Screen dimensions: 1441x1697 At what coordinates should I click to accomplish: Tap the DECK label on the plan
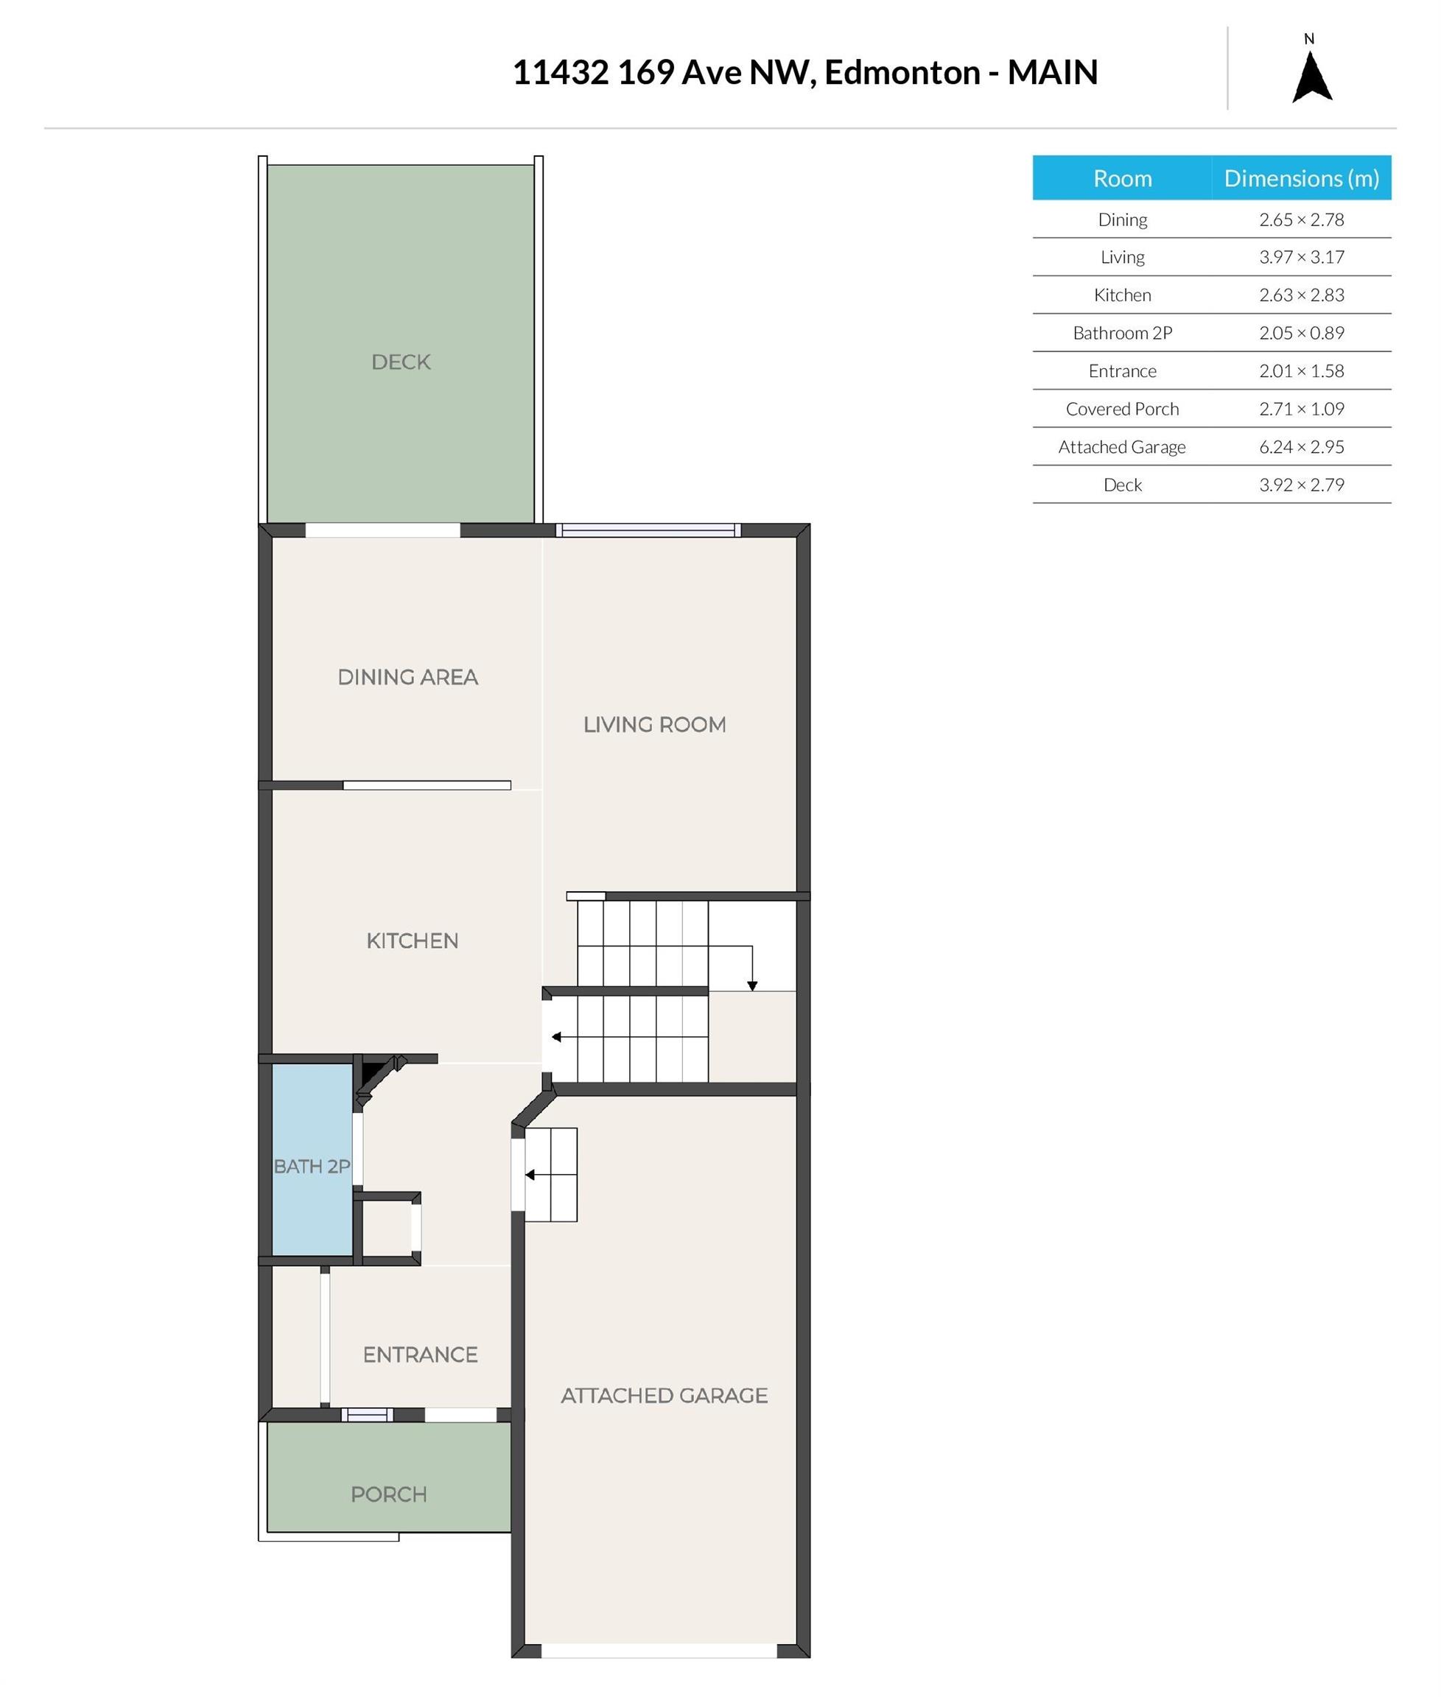tap(400, 362)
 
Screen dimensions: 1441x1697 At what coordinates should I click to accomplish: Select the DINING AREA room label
tap(407, 677)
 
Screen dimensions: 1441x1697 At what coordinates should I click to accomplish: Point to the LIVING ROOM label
tap(654, 724)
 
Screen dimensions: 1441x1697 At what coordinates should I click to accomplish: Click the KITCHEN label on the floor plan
tap(412, 941)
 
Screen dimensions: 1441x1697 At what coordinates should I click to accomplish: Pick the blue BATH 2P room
tap(312, 1159)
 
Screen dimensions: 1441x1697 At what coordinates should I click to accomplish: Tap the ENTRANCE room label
tap(420, 1355)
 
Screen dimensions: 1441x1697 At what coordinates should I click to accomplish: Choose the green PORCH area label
tap(388, 1494)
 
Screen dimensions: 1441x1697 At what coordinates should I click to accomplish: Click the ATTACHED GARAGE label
tap(664, 1396)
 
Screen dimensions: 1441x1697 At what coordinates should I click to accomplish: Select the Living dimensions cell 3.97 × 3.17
tap(1301, 257)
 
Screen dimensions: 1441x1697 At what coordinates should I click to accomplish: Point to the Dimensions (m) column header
tap(1301, 178)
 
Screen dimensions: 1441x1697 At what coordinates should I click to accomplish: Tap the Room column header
tap(1123, 178)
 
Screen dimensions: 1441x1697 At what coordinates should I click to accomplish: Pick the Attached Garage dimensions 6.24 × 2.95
tap(1301, 446)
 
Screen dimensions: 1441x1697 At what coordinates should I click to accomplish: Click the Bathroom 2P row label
tap(1123, 333)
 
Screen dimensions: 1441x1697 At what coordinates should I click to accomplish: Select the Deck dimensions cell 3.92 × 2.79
tap(1301, 485)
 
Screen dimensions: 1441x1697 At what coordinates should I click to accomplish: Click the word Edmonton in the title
tap(902, 73)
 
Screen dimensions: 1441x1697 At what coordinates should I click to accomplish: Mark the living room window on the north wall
tap(648, 531)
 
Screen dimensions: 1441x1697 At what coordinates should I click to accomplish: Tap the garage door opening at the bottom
tap(659, 1651)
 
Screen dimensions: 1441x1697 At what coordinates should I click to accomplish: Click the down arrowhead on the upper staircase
tap(752, 986)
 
